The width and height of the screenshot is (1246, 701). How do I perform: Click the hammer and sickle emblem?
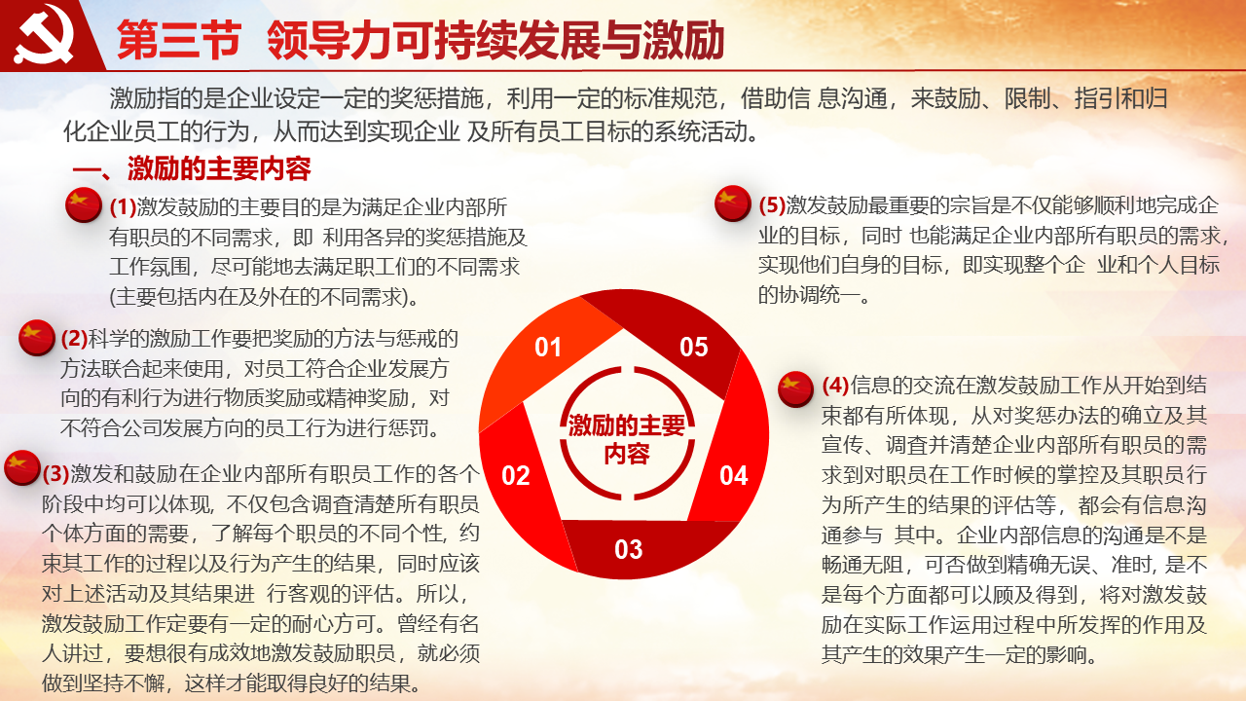point(44,34)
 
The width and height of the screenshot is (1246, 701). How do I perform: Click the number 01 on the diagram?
point(548,348)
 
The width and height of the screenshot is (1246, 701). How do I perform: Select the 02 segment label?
point(516,476)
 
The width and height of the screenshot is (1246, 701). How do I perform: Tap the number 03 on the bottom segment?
point(629,549)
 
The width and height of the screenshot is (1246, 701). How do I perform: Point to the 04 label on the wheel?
point(734,476)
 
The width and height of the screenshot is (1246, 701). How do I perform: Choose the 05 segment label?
point(694,348)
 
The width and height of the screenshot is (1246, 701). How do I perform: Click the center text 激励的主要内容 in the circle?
point(627,439)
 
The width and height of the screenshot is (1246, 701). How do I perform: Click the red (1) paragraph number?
point(123,207)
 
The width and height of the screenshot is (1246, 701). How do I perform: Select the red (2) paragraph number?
point(75,338)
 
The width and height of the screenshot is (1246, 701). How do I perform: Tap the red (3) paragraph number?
point(56,473)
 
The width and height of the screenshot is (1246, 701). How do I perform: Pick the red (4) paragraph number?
point(835,385)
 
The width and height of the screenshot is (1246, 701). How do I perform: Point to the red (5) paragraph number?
point(772,205)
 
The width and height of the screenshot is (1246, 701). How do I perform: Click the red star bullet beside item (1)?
point(84,205)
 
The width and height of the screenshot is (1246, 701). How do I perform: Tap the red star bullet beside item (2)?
point(37,338)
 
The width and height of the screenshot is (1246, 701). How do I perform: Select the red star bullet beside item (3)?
point(22,468)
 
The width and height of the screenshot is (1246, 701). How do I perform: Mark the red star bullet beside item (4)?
point(795,388)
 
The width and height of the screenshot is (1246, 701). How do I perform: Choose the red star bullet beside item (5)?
point(733,203)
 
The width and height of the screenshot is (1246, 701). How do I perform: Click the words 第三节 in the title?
point(179,40)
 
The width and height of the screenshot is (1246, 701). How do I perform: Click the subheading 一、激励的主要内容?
point(192,169)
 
